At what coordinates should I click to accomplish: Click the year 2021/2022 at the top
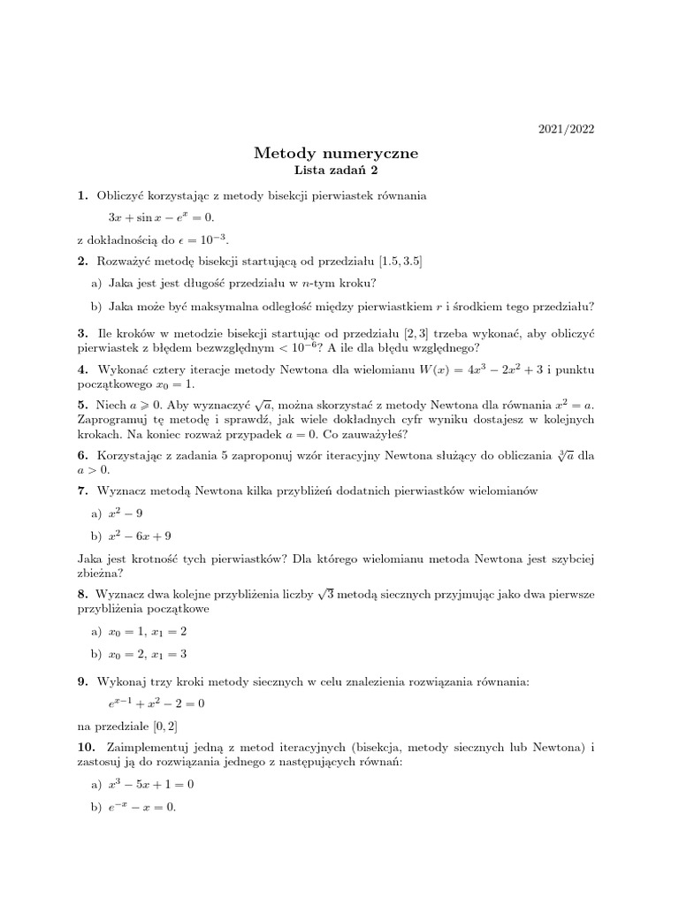tap(567, 129)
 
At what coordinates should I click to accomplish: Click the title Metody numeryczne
tap(336, 153)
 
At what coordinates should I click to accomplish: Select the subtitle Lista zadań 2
tap(336, 171)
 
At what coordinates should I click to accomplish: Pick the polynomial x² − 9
tap(127, 513)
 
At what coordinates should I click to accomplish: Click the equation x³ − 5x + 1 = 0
tap(151, 784)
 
